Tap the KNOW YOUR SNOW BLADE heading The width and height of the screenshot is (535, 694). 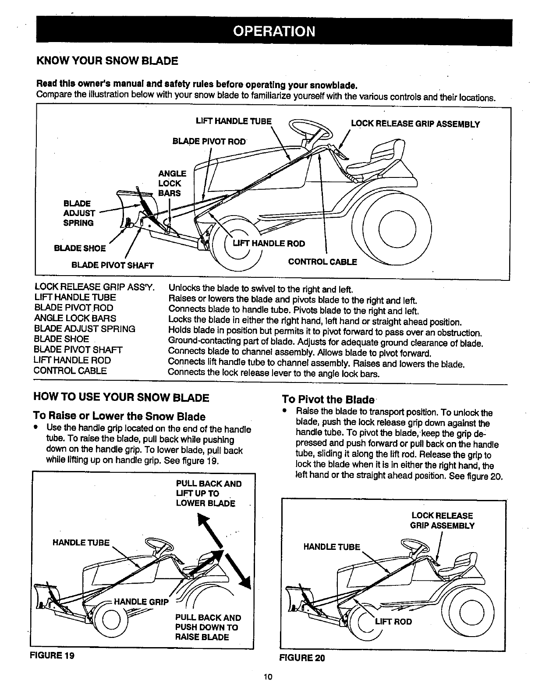tap(107, 60)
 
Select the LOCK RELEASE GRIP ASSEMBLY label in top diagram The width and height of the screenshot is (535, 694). tap(415, 124)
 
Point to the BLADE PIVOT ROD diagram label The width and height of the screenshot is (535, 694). tap(210, 142)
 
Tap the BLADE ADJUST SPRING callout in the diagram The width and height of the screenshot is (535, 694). tap(79, 213)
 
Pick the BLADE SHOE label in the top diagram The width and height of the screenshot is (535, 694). tap(79, 248)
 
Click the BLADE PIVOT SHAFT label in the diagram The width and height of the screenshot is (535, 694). tap(113, 265)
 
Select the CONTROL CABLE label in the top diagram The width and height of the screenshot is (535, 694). tap(322, 262)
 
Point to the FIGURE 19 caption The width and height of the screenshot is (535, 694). tap(52, 656)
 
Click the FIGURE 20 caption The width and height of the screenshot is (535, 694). tap(303, 658)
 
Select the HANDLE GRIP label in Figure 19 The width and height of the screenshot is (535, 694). tap(141, 602)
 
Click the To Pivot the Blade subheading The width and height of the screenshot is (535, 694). tap(328, 399)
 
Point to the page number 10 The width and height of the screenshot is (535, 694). tap(269, 677)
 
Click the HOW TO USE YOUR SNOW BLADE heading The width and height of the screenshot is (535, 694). tap(121, 398)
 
